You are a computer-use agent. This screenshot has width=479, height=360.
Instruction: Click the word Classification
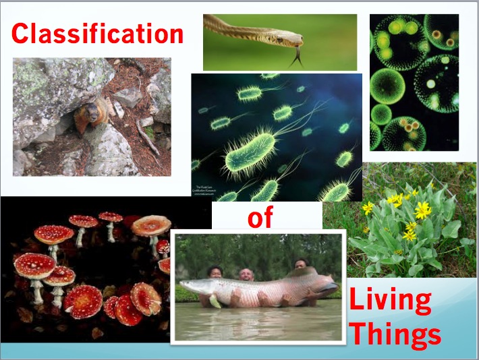(x=97, y=33)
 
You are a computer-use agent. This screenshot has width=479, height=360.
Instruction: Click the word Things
(x=395, y=333)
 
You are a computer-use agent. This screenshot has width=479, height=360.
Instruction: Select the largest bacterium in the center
(x=255, y=152)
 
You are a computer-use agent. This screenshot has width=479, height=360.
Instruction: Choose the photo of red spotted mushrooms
(x=88, y=270)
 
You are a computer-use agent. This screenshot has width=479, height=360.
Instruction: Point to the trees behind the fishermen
(x=256, y=249)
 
